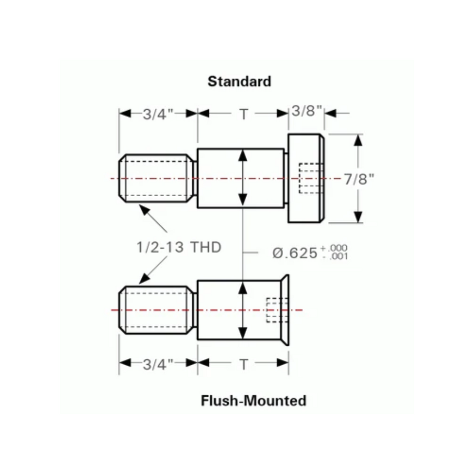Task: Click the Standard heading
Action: click(239, 81)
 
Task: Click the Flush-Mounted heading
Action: click(253, 400)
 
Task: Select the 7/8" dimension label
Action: click(359, 179)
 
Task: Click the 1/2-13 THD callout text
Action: click(179, 248)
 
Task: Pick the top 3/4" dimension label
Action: click(158, 114)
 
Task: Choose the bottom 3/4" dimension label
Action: click(158, 365)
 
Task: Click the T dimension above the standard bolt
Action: click(243, 114)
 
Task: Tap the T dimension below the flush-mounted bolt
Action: click(243, 365)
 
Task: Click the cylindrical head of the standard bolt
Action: click(306, 179)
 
